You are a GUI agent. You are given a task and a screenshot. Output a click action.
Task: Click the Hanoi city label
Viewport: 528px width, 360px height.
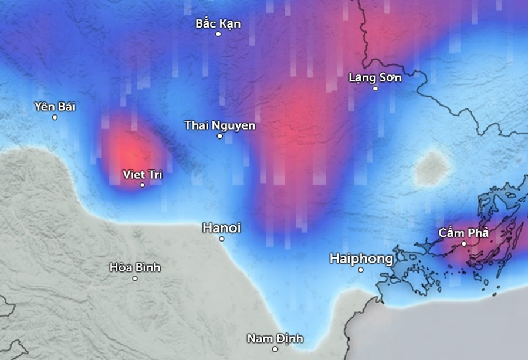pyautogui.click(x=221, y=227)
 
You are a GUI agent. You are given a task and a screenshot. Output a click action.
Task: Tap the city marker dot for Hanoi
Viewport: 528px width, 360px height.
pyautogui.click(x=222, y=239)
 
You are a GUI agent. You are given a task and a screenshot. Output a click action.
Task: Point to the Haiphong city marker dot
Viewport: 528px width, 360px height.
pyautogui.click(x=361, y=270)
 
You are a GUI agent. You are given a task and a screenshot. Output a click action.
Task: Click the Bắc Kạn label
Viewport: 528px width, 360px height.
pyautogui.click(x=218, y=24)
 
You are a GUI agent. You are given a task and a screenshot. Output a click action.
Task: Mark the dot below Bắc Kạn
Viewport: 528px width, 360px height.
pyautogui.click(x=218, y=34)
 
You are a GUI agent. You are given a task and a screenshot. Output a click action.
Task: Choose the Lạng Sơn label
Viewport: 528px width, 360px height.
pyautogui.click(x=375, y=77)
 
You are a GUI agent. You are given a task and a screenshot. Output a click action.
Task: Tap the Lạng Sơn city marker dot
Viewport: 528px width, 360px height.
pyautogui.click(x=375, y=89)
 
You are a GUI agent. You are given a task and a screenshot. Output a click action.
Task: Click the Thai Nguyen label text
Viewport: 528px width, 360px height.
pyautogui.click(x=219, y=125)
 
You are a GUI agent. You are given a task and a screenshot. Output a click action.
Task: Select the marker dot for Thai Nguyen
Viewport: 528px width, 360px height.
pyautogui.click(x=220, y=136)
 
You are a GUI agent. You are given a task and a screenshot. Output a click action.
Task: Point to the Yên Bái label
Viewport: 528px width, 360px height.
pyautogui.click(x=55, y=107)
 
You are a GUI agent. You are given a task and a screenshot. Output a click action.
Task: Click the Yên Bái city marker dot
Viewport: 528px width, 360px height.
pyautogui.click(x=55, y=117)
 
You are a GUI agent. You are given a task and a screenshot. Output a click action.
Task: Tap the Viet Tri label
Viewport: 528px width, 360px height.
pyautogui.click(x=142, y=174)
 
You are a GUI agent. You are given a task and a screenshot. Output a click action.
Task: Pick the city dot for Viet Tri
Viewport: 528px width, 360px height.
pyautogui.click(x=142, y=185)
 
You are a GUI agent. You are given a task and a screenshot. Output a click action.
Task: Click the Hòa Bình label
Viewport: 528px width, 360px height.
pyautogui.click(x=135, y=267)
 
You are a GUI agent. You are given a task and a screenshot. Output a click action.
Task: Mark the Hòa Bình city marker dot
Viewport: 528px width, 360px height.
pyautogui.click(x=135, y=278)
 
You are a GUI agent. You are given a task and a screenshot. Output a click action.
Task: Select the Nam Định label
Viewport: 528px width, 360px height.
pyautogui.click(x=275, y=338)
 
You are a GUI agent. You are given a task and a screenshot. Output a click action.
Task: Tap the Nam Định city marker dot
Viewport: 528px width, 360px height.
pyautogui.click(x=275, y=349)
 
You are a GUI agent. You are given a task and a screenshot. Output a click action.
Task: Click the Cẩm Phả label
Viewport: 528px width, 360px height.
pyautogui.click(x=463, y=233)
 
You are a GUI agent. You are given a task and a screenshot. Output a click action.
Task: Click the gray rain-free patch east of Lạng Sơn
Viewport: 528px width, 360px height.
pyautogui.click(x=433, y=167)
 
